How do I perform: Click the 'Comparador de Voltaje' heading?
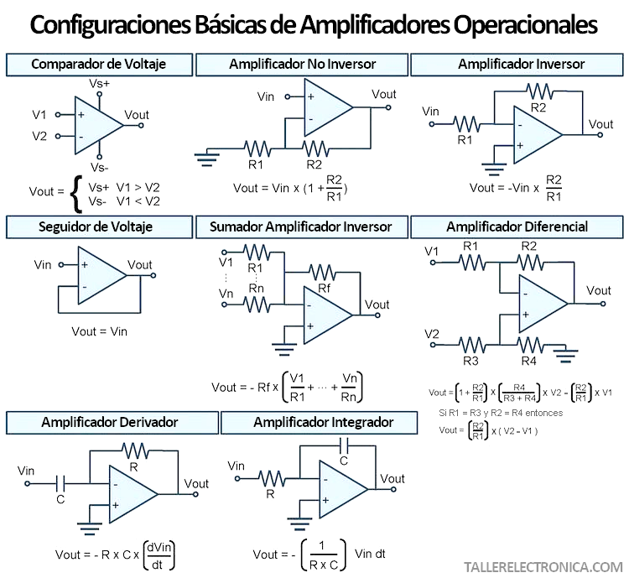98,64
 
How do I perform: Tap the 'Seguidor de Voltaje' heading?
96,227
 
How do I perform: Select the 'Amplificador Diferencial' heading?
517,227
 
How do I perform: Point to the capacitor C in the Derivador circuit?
60,482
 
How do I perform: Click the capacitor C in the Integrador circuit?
343,449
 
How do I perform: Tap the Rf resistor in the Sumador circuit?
323,272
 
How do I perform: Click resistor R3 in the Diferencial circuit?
471,343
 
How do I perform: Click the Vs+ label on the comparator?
100,84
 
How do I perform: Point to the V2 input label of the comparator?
40,135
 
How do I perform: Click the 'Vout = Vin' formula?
100,331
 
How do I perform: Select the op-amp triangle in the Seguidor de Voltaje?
101,274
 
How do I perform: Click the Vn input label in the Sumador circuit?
226,293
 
